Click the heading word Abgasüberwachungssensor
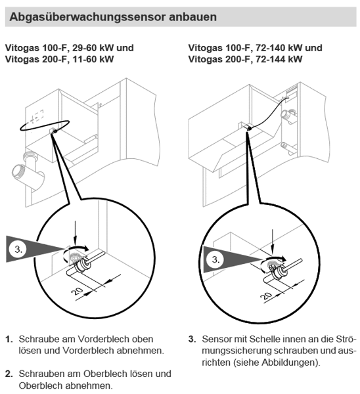click(x=87, y=17)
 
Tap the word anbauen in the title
click(x=193, y=17)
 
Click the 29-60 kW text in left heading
click(x=93, y=48)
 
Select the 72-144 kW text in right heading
click(x=279, y=59)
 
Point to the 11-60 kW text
click(x=93, y=59)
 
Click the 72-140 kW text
click(x=279, y=48)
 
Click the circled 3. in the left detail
click(x=18, y=250)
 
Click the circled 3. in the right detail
click(x=215, y=259)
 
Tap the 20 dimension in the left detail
click(x=77, y=292)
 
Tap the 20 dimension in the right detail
click(x=267, y=295)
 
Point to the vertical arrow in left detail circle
click(x=75, y=232)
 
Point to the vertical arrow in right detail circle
click(x=273, y=241)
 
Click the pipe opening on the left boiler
click(x=18, y=171)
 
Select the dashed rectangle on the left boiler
click(x=37, y=116)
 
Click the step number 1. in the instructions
click(x=9, y=339)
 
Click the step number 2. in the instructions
click(x=9, y=374)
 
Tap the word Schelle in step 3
click(x=268, y=339)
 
